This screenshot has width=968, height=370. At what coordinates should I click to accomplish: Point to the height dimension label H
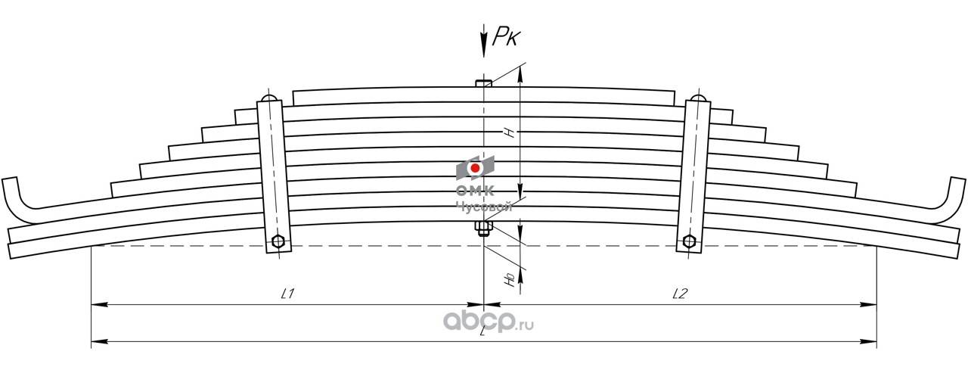(510, 132)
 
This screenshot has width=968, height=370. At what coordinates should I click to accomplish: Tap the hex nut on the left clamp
(278, 243)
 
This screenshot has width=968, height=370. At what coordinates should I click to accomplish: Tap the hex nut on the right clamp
(689, 241)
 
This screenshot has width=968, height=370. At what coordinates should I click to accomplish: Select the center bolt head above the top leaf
(483, 82)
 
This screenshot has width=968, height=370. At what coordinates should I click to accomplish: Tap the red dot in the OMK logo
(475, 167)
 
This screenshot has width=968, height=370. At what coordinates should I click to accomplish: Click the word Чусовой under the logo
(484, 205)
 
